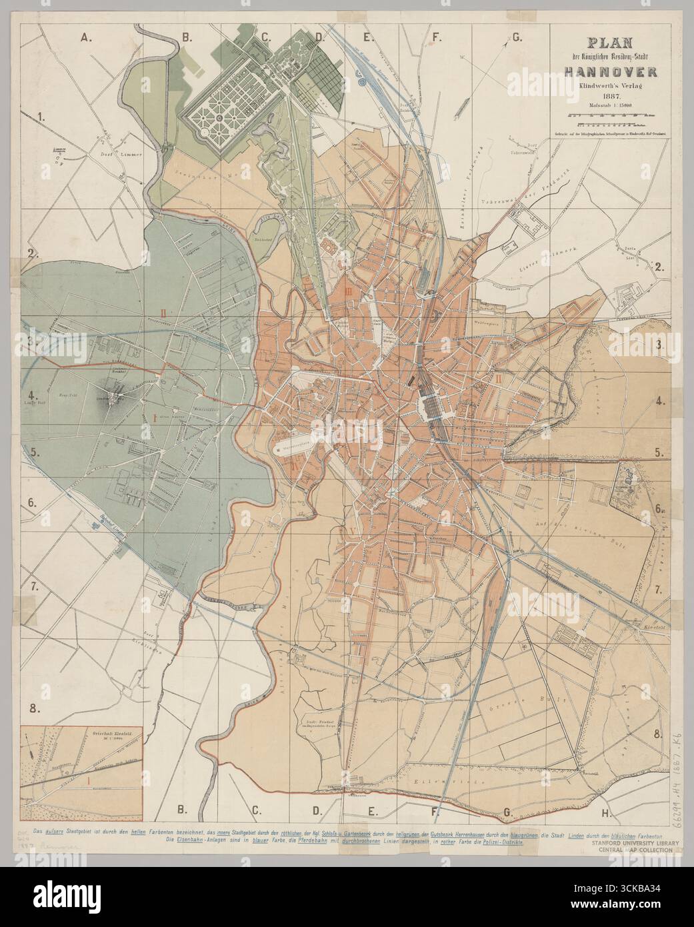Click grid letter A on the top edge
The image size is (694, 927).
click(x=85, y=38)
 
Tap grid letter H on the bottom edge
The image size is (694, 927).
click(x=605, y=812)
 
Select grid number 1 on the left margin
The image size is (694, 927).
click(x=42, y=117)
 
